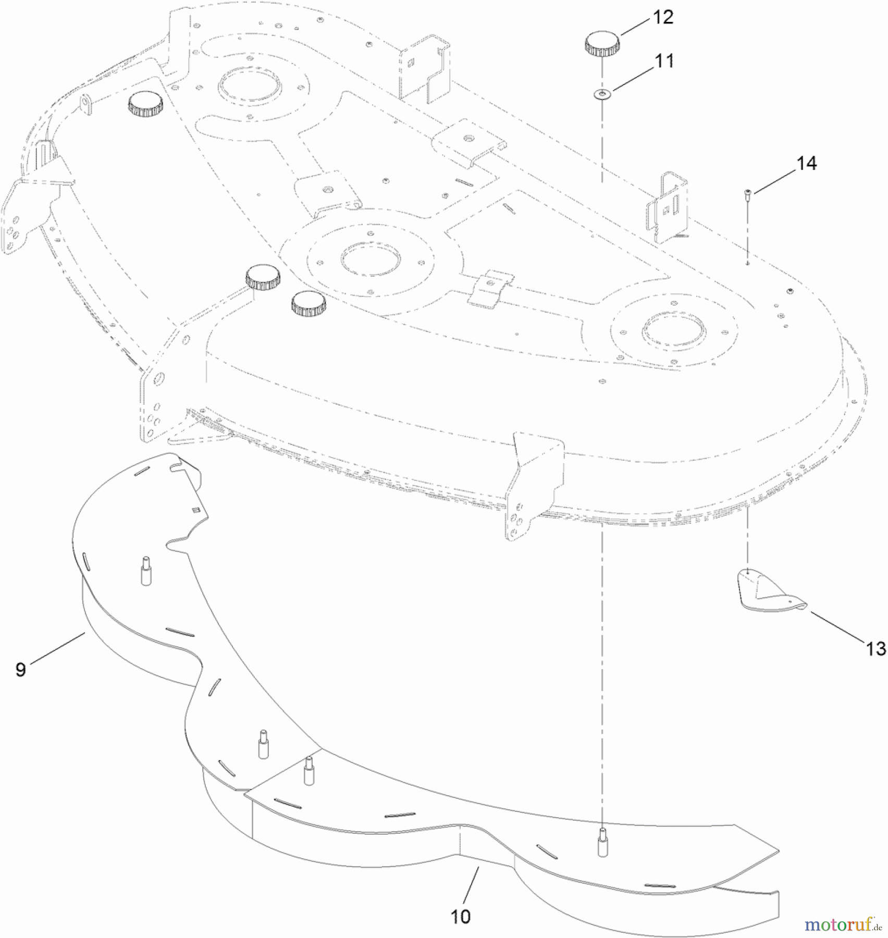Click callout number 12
point(663,18)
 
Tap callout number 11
point(664,61)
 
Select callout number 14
point(806,164)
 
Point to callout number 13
point(875,649)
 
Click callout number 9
point(21,669)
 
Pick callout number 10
point(461,917)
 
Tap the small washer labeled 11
point(602,94)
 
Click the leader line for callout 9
point(58,647)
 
